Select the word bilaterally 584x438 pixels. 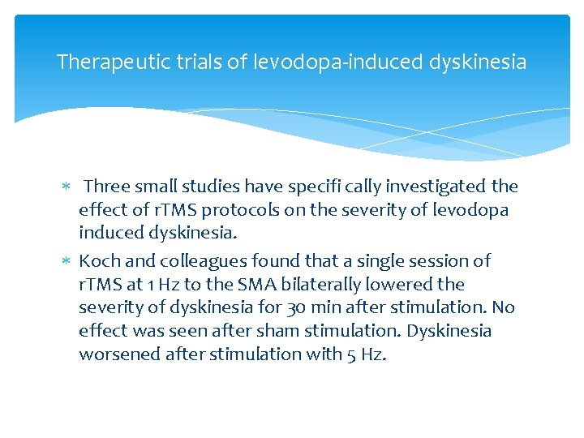click(x=313, y=284)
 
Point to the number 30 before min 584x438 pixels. click(x=294, y=308)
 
